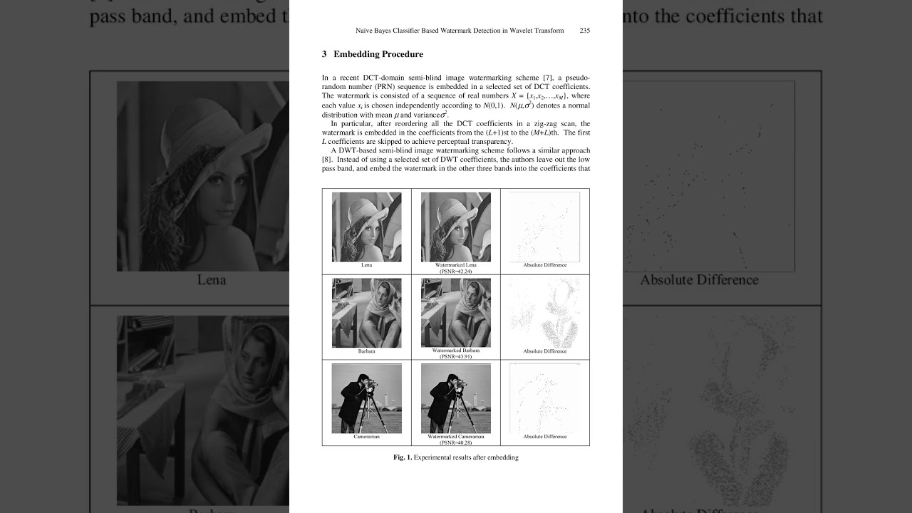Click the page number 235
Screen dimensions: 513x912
pos(584,31)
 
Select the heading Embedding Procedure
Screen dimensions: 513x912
pos(378,54)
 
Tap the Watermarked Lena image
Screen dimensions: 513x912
pos(455,227)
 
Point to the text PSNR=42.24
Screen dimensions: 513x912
pos(456,271)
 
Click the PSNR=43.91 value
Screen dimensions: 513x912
pos(456,356)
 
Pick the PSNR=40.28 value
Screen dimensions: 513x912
pos(456,442)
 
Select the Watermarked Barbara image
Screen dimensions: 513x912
pos(455,312)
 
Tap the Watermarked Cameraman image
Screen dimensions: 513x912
pos(455,398)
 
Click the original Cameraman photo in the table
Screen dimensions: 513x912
pos(366,398)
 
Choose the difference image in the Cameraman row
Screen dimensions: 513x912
pos(544,398)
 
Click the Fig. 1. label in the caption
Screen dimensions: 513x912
pos(403,457)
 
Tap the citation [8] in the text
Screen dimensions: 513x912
pos(326,160)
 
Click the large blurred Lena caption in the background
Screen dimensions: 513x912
pos(211,280)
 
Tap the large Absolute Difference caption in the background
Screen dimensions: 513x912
pos(698,280)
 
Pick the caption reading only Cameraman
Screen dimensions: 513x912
pos(366,437)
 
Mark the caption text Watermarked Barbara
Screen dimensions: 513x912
pos(456,351)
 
